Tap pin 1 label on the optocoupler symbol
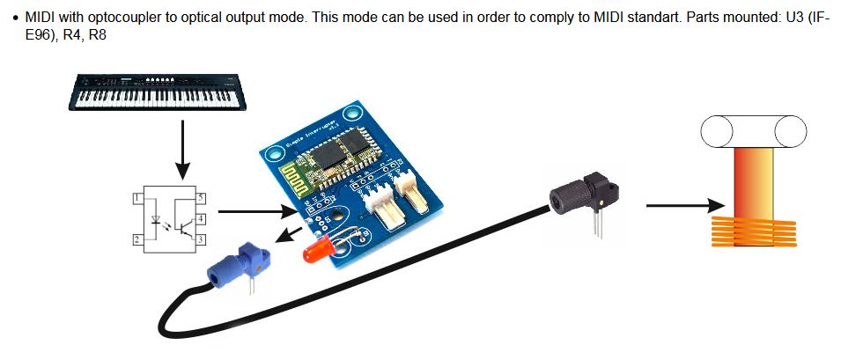pos(136,200)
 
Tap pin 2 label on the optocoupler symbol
pos(136,239)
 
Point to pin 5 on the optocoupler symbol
pos(201,199)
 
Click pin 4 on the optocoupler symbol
pos(201,218)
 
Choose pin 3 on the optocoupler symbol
pos(201,239)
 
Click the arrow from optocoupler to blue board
pos(256,210)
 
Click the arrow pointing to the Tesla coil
pos(678,206)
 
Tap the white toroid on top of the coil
pos(754,133)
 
